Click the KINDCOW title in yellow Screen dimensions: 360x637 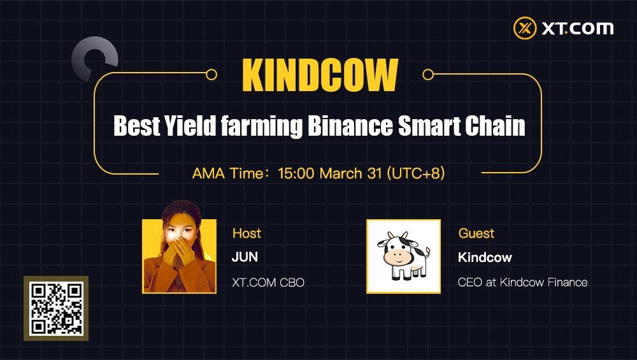pyautogui.click(x=320, y=75)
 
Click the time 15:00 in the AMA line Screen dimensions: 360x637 pyautogui.click(x=296, y=173)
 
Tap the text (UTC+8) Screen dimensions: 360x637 pyautogui.click(x=415, y=173)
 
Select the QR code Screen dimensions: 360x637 pyautogui.click(x=56, y=308)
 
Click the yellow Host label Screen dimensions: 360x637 pyautogui.click(x=247, y=233)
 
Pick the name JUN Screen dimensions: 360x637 pyautogui.click(x=245, y=257)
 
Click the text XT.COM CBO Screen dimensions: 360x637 pyautogui.click(x=268, y=282)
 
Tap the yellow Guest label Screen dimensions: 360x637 pyautogui.click(x=476, y=233)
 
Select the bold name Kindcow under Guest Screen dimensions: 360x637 pyautogui.click(x=485, y=257)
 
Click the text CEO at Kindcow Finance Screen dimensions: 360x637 pyautogui.click(x=522, y=282)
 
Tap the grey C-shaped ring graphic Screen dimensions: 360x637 pyautogui.click(x=94, y=60)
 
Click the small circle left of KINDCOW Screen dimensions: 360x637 pyautogui.click(x=211, y=75)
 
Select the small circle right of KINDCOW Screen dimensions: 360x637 pyautogui.click(x=428, y=75)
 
